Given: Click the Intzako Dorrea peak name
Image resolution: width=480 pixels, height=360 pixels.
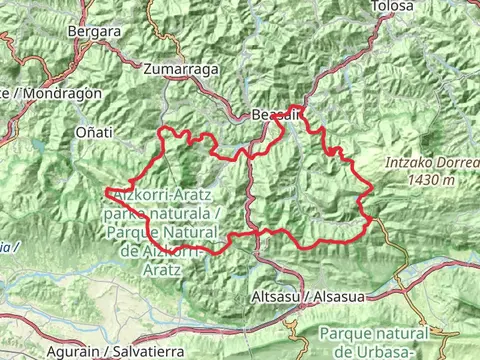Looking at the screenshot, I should tap(426, 166).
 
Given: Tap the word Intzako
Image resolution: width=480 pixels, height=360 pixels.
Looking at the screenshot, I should tap(403, 166).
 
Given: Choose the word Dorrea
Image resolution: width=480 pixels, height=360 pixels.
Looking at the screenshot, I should tap(449, 166).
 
